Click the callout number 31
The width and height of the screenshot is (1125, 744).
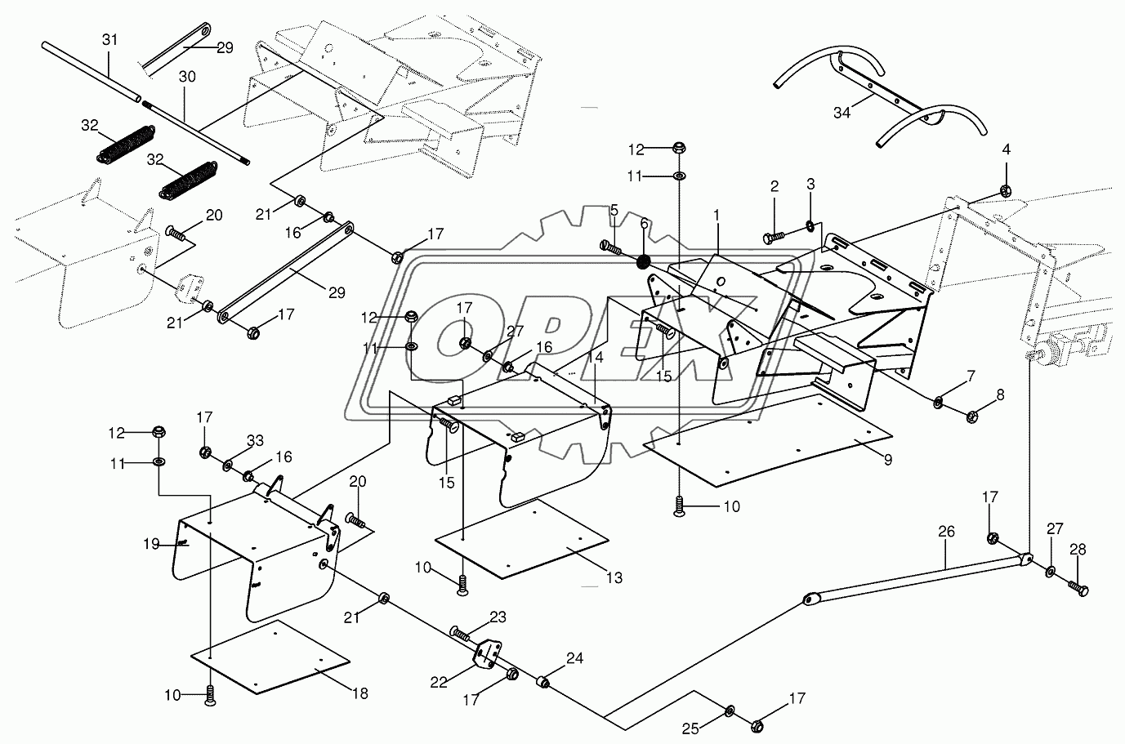(x=109, y=40)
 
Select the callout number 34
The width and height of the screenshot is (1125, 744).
(x=842, y=113)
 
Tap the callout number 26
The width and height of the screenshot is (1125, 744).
(x=946, y=532)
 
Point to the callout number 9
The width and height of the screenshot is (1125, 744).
(x=888, y=459)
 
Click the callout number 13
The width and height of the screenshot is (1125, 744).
(x=614, y=578)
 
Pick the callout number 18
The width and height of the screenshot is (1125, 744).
(x=360, y=693)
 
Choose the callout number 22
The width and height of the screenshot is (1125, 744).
(x=439, y=683)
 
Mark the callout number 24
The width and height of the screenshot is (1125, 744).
(x=575, y=658)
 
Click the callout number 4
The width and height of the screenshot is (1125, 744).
(x=1006, y=149)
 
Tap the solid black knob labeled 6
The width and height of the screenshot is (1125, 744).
(x=643, y=261)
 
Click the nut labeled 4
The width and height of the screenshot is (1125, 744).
(x=1006, y=190)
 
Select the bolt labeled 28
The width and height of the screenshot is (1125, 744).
(x=1078, y=587)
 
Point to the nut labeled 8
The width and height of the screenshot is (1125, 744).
(x=972, y=417)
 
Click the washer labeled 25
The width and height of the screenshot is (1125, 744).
(x=730, y=711)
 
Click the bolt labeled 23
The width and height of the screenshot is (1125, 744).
(x=459, y=634)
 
